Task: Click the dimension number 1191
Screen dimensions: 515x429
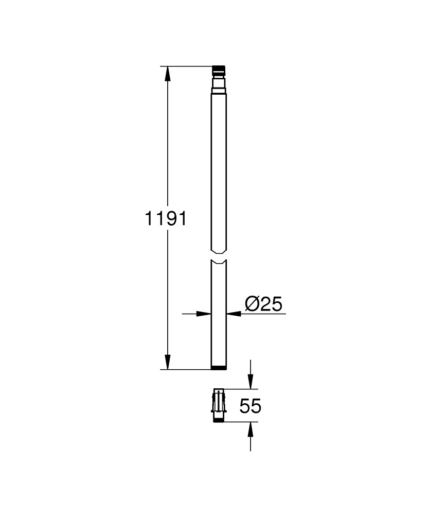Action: pyautogui.click(x=165, y=218)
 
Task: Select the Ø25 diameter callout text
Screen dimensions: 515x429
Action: pyautogui.click(x=263, y=304)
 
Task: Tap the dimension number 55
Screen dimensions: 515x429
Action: pyautogui.click(x=251, y=406)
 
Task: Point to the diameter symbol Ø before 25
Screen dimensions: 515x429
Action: pyautogui.click(x=252, y=304)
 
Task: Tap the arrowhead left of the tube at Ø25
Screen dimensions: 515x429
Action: pyautogui.click(x=205, y=313)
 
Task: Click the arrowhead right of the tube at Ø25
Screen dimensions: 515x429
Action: pyautogui.click(x=233, y=313)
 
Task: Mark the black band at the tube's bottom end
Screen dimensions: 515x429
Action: pyautogui.click(x=219, y=367)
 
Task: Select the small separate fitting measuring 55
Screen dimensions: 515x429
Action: pyautogui.click(x=219, y=405)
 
